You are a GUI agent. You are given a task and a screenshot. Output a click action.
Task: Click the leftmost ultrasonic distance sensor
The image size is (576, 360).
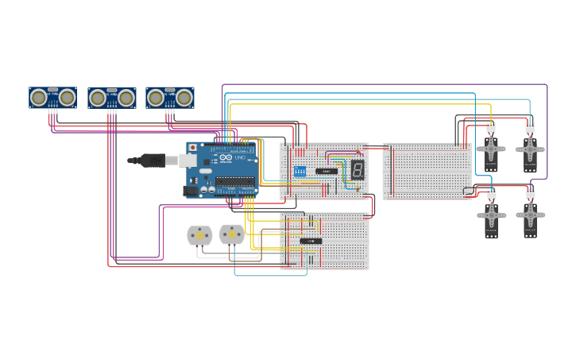[x=52, y=98]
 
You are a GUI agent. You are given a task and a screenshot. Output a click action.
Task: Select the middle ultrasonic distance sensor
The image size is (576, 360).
[x=111, y=98]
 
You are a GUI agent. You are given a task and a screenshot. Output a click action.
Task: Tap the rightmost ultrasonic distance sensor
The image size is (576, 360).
[x=170, y=98]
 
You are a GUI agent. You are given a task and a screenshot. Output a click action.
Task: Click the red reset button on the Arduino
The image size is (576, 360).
[x=192, y=147]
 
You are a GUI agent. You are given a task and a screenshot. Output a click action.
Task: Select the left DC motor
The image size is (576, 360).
[x=199, y=235]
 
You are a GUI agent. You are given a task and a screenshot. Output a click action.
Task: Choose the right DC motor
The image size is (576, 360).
[x=231, y=234]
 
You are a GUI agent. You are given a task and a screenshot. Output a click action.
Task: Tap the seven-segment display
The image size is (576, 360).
[x=358, y=169]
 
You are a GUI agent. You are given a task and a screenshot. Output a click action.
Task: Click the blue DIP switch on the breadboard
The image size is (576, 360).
[x=300, y=171]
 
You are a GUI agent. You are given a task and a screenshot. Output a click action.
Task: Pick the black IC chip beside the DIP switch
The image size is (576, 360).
[x=327, y=171]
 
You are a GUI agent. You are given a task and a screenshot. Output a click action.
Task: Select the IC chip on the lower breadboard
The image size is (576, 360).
[x=311, y=241]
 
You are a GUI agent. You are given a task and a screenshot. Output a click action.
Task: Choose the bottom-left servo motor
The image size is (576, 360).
[x=491, y=217]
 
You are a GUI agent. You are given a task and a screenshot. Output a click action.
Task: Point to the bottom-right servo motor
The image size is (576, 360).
[x=530, y=217]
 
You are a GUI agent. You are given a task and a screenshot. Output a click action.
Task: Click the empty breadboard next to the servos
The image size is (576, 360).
[x=427, y=171]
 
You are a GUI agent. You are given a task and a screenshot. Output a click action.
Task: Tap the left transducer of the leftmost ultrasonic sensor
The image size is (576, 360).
[x=38, y=98]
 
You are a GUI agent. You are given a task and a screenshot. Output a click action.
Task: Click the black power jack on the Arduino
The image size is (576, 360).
[x=191, y=191]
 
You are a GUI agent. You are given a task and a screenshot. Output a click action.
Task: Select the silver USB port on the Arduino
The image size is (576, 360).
[x=187, y=161]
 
